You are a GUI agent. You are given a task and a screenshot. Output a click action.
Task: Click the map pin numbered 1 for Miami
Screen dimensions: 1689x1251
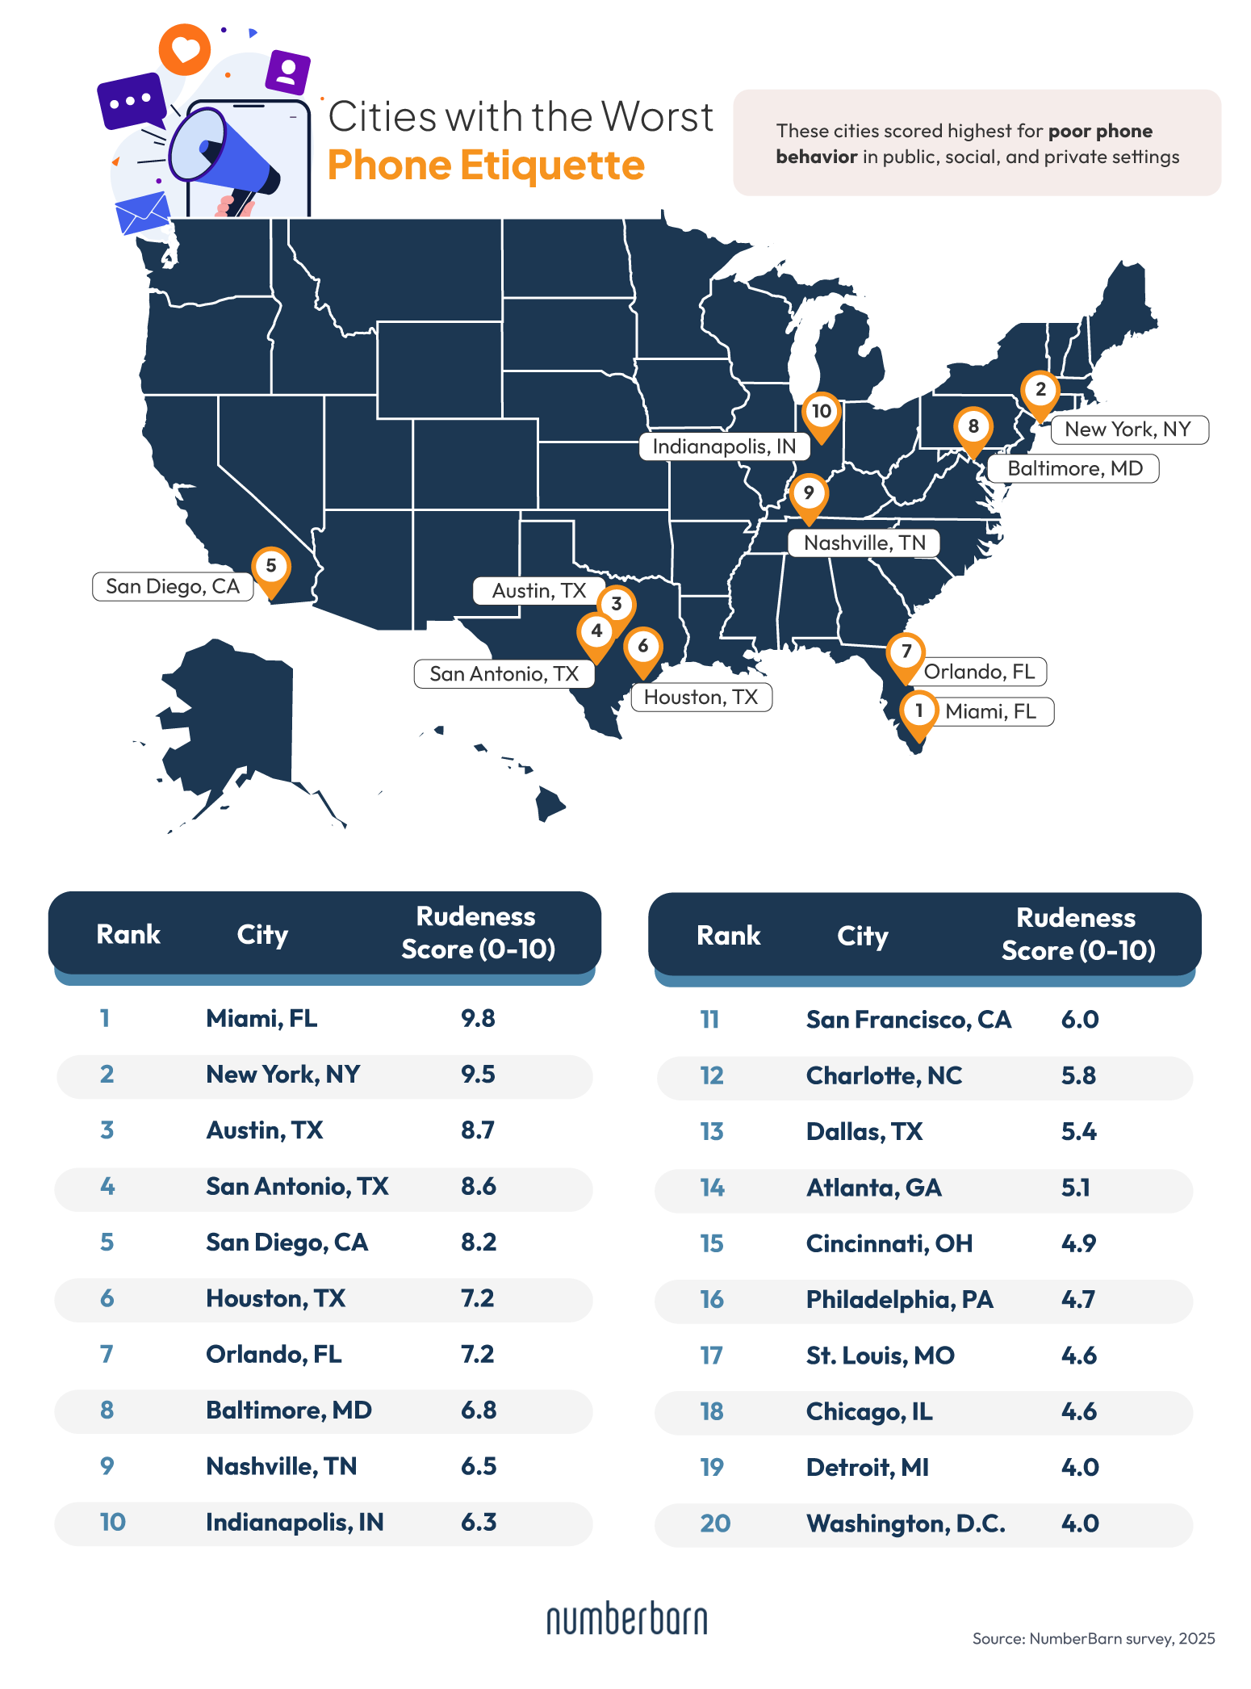(918, 712)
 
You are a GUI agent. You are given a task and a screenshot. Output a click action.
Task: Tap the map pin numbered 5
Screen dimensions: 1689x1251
(271, 568)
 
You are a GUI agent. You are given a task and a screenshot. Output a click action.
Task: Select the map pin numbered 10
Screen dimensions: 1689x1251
(822, 413)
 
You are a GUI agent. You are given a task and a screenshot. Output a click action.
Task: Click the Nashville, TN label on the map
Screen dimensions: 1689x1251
(864, 543)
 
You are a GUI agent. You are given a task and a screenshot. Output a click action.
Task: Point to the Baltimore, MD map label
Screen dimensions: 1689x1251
(1074, 468)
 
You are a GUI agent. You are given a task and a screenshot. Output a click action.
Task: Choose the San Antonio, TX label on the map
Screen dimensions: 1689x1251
(504, 673)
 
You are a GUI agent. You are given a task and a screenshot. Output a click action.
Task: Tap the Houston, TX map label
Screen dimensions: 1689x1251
(701, 697)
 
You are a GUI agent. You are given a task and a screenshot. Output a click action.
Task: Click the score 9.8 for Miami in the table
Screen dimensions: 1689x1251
(478, 1018)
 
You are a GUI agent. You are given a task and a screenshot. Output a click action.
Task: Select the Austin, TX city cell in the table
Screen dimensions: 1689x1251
(265, 1129)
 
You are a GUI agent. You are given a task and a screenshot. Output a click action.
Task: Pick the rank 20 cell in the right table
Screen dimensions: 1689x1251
(715, 1523)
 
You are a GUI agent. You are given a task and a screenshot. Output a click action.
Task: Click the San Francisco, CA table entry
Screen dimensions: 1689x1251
(908, 1020)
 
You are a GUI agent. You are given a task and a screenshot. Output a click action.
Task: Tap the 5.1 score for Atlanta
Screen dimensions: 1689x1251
(1076, 1188)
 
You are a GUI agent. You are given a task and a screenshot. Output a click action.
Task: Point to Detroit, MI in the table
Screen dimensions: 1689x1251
(868, 1467)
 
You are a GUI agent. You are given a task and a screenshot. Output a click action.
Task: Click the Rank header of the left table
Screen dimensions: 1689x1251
(128, 934)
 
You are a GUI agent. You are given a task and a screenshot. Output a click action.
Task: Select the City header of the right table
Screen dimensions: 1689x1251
(862, 936)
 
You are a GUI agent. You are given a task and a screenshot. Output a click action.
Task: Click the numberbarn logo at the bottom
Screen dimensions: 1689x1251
(626, 1619)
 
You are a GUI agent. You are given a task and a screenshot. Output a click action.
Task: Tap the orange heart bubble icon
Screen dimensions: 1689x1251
(185, 50)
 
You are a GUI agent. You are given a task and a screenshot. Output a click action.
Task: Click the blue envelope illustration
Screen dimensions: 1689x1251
(143, 213)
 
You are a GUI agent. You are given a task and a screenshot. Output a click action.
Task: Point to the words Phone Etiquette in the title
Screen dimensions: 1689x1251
(486, 166)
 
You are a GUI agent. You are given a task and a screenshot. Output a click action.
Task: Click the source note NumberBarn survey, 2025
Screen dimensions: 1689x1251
(1093, 1638)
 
